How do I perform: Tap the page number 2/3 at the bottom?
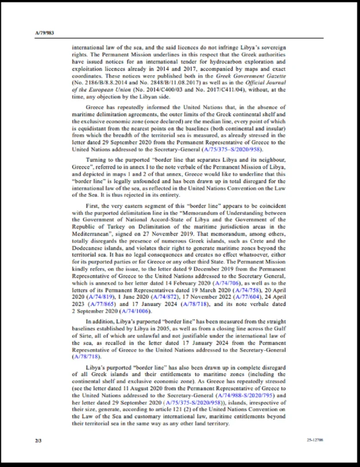click(37, 440)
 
